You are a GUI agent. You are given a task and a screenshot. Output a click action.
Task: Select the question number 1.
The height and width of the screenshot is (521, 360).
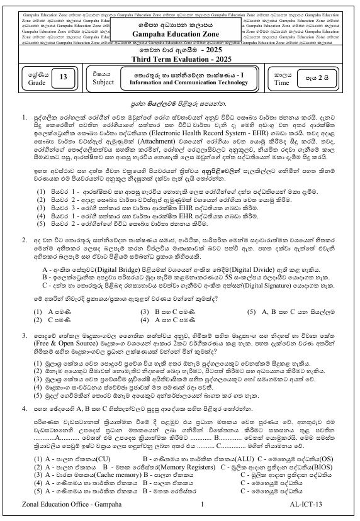coord(24,117)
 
